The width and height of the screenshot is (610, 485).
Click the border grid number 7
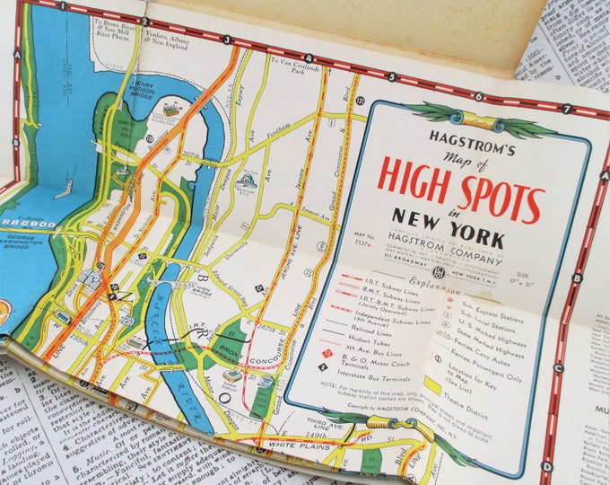[x=568, y=110]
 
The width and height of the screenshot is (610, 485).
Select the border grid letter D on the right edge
[x=547, y=466]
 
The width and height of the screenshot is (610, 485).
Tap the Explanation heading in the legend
[x=430, y=293]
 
